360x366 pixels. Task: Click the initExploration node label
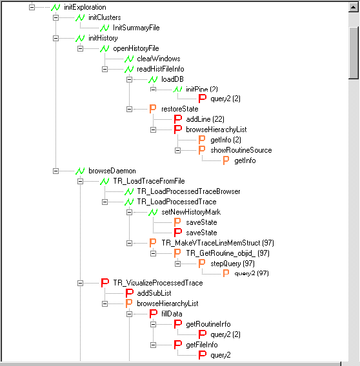85,7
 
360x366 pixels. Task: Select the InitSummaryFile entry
136,28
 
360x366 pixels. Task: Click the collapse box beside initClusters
55,18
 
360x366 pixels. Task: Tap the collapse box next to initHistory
55,38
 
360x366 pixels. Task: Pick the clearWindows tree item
159,59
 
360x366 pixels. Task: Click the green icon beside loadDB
153,80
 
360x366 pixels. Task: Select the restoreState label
180,109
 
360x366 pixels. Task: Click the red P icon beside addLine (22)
178,119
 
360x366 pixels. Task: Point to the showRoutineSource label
241,150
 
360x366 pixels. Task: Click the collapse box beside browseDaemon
55,171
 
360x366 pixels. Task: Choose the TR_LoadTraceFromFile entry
149,181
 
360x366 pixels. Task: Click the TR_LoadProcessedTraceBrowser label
188,191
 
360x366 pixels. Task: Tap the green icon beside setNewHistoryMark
153,212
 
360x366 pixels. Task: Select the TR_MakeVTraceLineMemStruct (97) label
217,243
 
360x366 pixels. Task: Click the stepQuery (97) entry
232,264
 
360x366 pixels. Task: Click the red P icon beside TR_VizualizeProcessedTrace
105,283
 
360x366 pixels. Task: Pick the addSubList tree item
154,293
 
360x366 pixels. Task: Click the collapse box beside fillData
129,314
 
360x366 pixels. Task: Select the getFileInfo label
202,345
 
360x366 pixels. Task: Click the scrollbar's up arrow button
354,8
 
